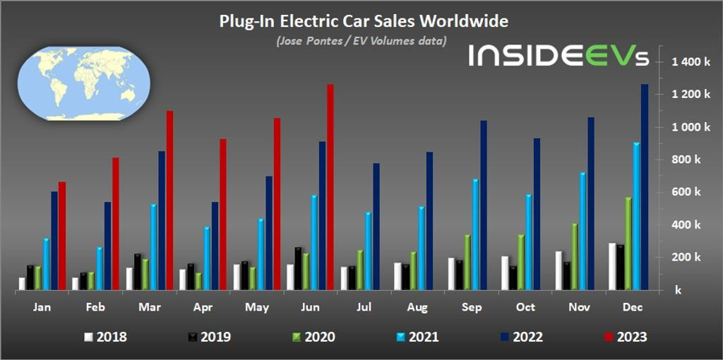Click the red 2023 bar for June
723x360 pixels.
click(330, 187)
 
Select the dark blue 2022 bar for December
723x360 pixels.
click(644, 187)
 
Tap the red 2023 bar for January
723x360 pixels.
click(62, 236)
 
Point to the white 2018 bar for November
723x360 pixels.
click(558, 270)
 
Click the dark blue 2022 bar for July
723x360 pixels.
click(376, 227)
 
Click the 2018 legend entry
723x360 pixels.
click(105, 337)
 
